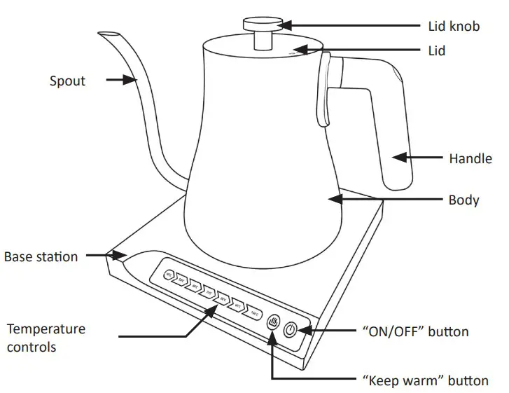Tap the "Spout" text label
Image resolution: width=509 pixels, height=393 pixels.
click(x=67, y=81)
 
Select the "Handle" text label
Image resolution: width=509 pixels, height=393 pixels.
click(x=470, y=159)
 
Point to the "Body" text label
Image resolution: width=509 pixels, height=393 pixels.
click(x=463, y=200)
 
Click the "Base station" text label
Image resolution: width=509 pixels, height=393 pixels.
click(x=41, y=256)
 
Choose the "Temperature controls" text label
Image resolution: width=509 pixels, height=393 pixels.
click(x=46, y=337)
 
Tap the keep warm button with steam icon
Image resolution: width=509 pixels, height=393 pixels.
click(x=274, y=324)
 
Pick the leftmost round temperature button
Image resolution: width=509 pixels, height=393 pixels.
click(x=168, y=275)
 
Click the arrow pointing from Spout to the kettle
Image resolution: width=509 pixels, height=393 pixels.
click(x=120, y=81)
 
